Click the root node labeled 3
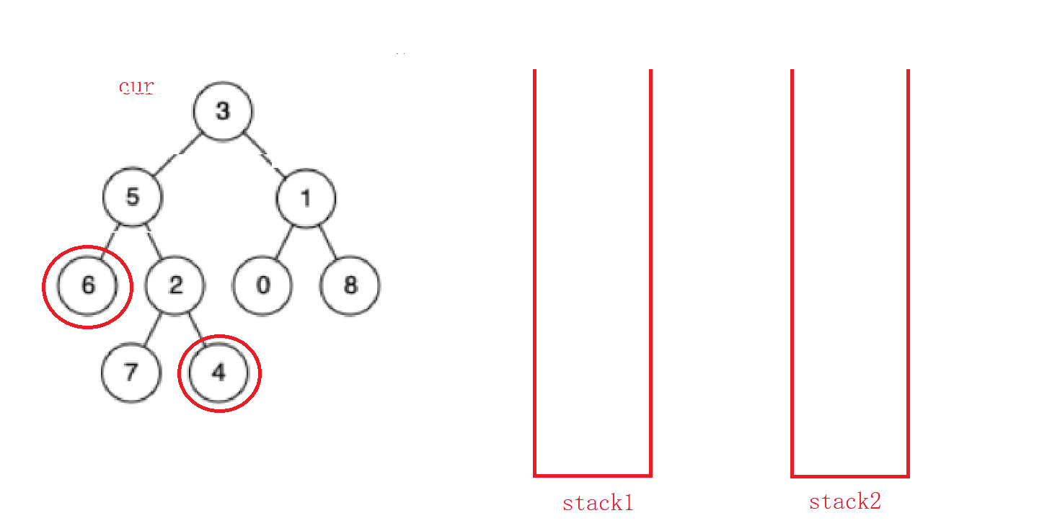click(x=222, y=111)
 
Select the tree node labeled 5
click(x=132, y=197)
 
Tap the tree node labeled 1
click(x=306, y=198)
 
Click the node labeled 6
click(x=88, y=285)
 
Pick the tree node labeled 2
click(x=175, y=285)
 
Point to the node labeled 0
click(x=263, y=285)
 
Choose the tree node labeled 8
click(x=350, y=285)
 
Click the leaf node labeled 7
click(x=131, y=373)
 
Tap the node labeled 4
click(x=218, y=373)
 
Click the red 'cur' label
click(x=136, y=87)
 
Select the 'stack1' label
click(x=598, y=503)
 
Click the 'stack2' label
click(x=845, y=502)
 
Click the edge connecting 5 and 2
click(x=154, y=241)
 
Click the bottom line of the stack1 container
click(x=593, y=476)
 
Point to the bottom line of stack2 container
click(x=850, y=476)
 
